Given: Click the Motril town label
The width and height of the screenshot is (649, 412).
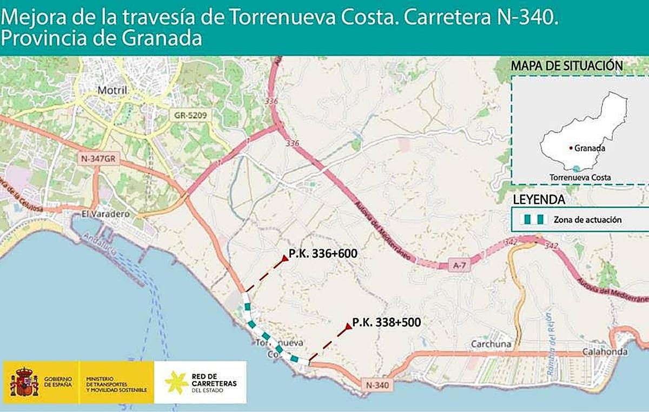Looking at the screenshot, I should click(x=112, y=90).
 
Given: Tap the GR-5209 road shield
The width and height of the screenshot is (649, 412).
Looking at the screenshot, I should click(x=190, y=115).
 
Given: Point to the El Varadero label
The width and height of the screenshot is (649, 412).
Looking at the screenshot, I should click(x=105, y=214).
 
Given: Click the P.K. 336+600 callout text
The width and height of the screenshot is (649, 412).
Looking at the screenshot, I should click(x=323, y=253).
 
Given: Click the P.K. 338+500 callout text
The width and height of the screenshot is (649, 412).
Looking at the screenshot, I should click(x=386, y=322).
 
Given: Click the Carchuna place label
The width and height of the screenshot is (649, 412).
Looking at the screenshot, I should click(x=487, y=344).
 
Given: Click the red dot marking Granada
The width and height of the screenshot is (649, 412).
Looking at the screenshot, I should click(x=570, y=148).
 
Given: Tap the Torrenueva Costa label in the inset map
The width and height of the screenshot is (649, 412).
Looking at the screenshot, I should click(x=580, y=177).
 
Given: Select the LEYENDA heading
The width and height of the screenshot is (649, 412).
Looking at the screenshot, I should click(x=539, y=200).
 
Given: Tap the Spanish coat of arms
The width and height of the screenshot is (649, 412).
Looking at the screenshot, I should click(x=24, y=382).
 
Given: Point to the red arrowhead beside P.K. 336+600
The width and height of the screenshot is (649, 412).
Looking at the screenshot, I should click(x=283, y=260).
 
